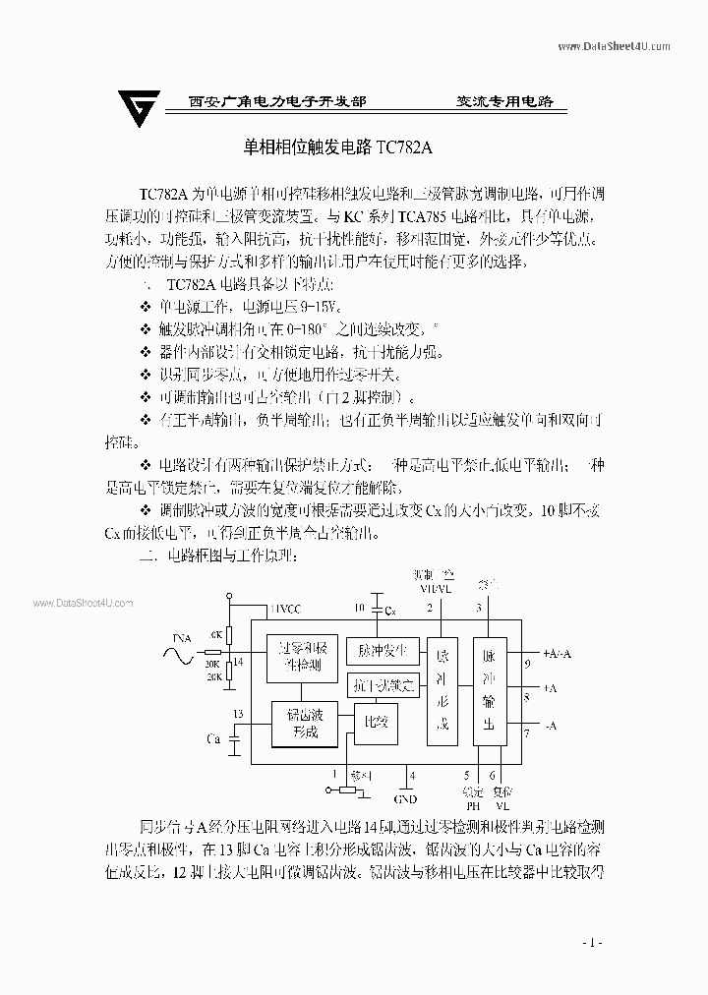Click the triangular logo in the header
(x=139, y=105)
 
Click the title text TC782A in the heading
(x=402, y=147)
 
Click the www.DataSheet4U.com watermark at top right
(x=615, y=46)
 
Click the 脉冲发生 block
(x=383, y=650)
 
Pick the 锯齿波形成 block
(x=305, y=725)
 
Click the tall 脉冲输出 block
(x=489, y=693)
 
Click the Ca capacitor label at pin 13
(x=213, y=736)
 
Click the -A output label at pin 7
(x=550, y=726)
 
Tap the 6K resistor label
(x=215, y=635)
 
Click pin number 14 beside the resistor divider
(x=237, y=662)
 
